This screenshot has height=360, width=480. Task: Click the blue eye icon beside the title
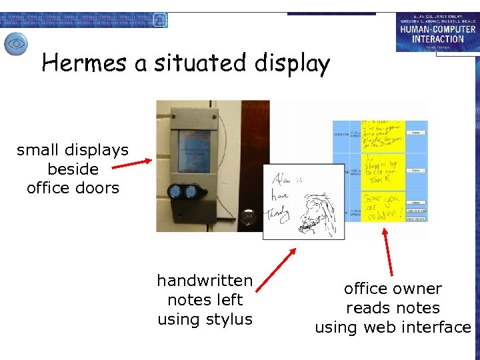pos(16,45)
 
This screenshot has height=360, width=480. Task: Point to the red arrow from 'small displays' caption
pos(132,165)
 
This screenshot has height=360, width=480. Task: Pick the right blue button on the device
pos(191,192)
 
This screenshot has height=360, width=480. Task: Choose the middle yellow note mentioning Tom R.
pos(382,171)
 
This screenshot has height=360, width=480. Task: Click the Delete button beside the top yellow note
pos(415,133)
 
